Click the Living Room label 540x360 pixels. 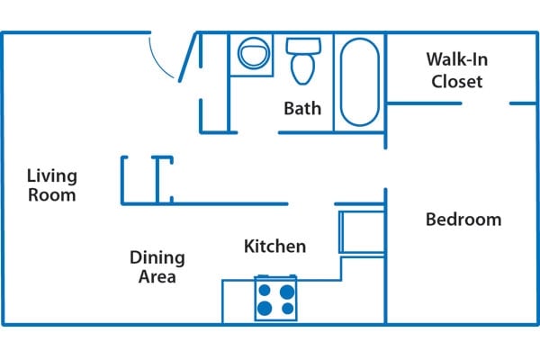coord(51,184)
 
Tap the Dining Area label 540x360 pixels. coord(157,267)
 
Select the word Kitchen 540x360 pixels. coord(275,246)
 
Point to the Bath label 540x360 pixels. coord(302,109)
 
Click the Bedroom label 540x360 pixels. coord(463,220)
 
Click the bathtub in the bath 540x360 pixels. coord(360,80)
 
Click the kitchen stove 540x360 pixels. coord(276,300)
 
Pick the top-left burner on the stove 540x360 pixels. coord(265,291)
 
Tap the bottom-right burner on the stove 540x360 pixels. coord(287,309)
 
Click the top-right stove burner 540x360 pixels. coord(287,291)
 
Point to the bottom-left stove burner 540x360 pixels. coord(265,309)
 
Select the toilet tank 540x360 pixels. coord(300,44)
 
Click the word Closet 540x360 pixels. coord(457,82)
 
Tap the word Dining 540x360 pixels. coord(157,258)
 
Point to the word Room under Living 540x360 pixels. coord(51,194)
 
